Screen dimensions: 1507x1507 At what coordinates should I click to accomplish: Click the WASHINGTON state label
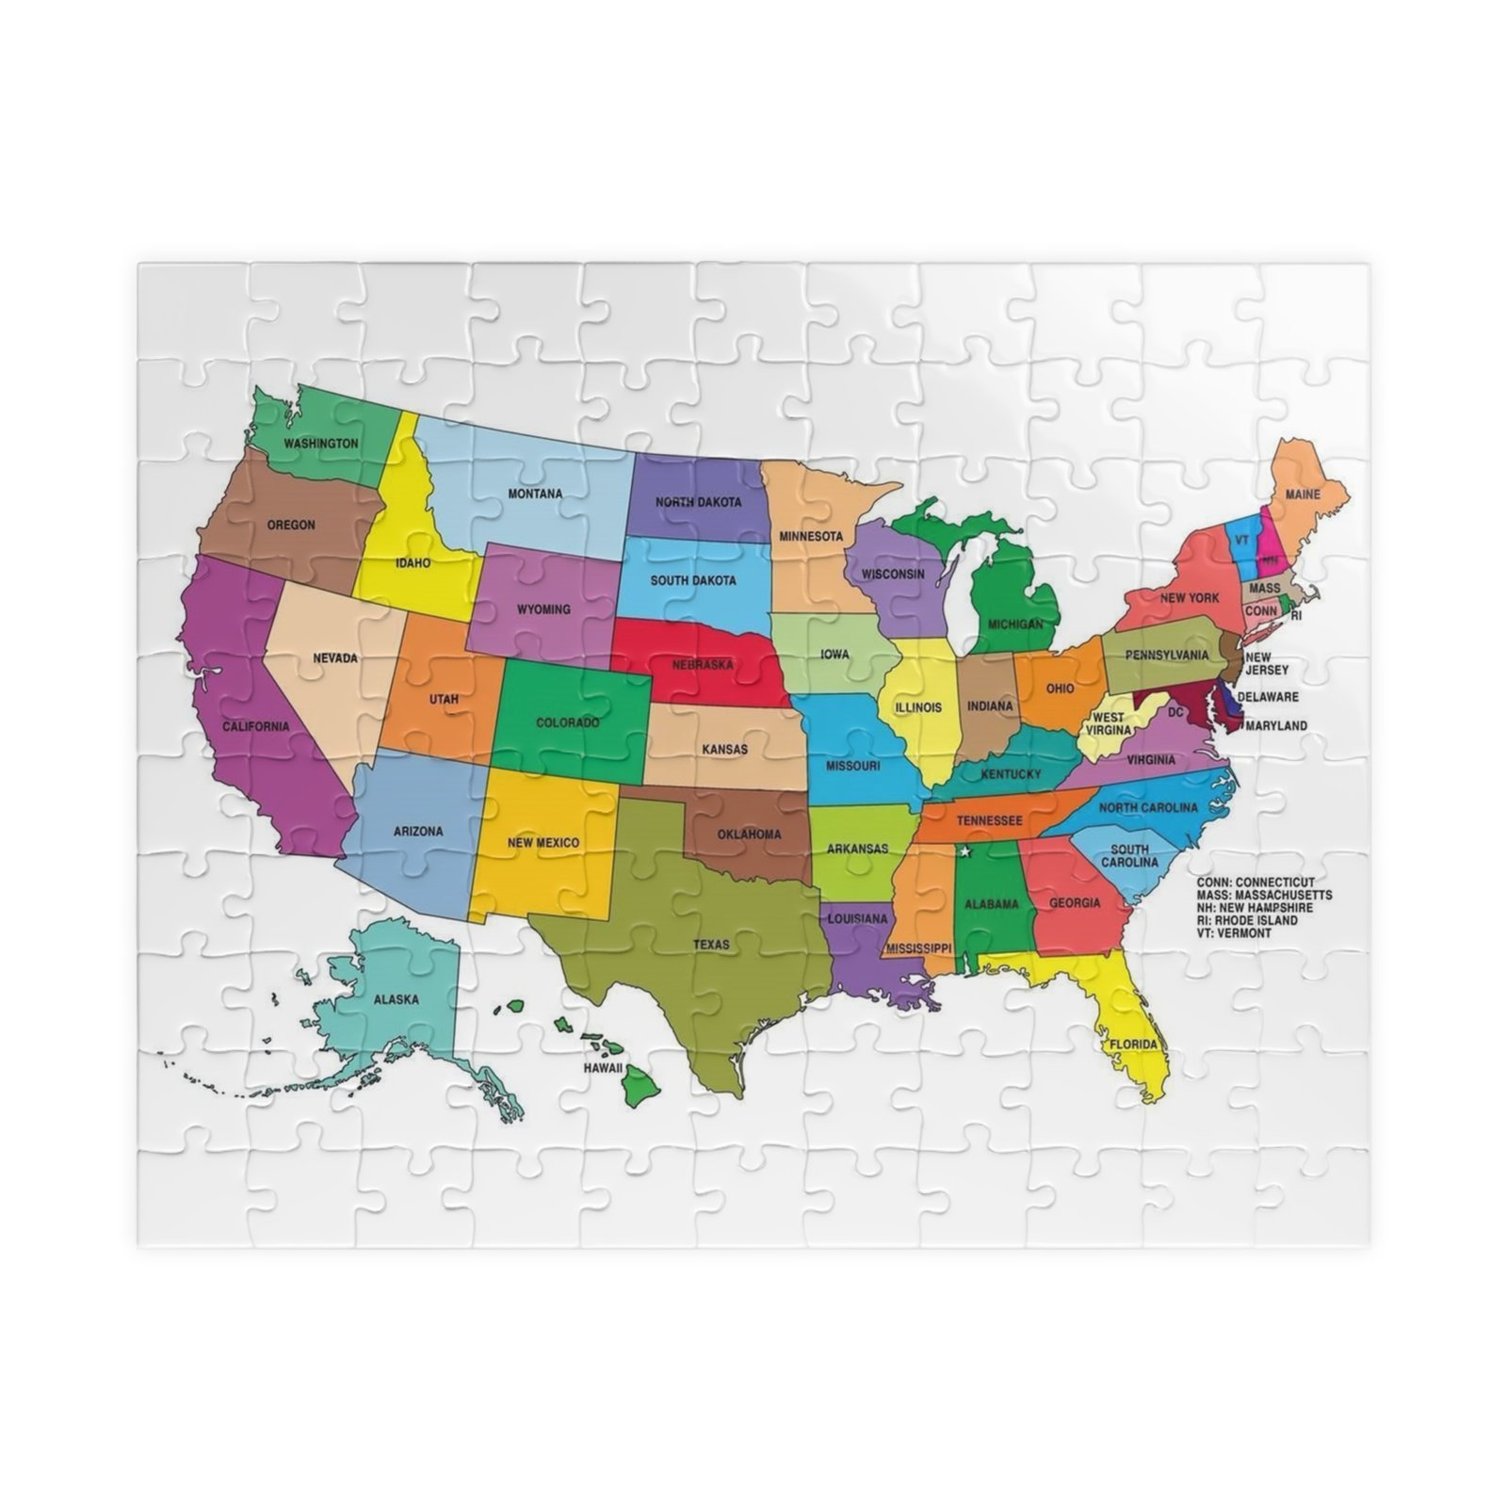321,443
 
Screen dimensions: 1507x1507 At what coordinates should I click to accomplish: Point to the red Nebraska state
702,664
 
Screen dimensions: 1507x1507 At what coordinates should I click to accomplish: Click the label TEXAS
711,944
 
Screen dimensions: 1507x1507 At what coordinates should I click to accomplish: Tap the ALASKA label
397,999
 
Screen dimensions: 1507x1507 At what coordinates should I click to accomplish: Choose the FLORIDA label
1133,1045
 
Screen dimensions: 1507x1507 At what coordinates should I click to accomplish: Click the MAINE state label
1303,494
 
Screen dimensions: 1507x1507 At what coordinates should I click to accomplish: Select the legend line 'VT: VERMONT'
1234,932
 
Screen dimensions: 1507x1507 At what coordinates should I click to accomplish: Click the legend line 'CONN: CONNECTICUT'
1256,883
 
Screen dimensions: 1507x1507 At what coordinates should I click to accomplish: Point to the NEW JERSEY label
1259,663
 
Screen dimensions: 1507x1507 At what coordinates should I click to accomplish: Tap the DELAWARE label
1267,697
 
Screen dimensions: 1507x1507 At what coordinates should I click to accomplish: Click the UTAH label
444,699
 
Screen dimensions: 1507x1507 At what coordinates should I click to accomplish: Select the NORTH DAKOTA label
698,502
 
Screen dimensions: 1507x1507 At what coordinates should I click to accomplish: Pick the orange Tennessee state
989,820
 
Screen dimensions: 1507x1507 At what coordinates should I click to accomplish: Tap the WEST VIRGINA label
1108,723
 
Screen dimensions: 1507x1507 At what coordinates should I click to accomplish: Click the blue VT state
1242,543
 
